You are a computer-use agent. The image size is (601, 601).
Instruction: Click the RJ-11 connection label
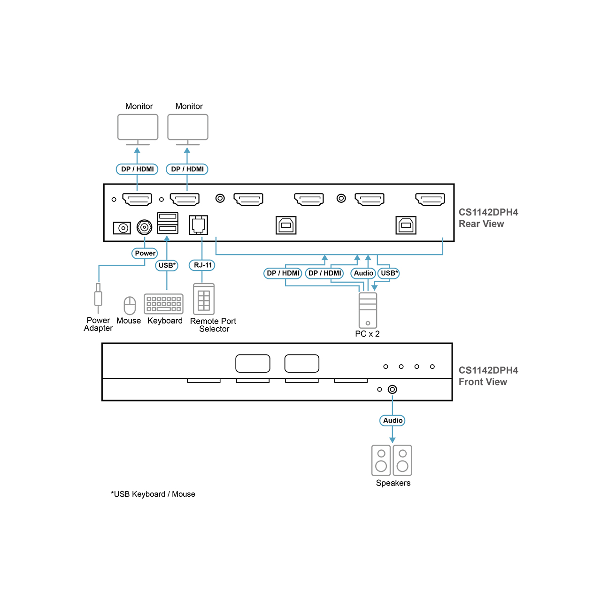pyautogui.click(x=202, y=265)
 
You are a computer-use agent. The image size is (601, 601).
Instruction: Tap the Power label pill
pyautogui.click(x=145, y=253)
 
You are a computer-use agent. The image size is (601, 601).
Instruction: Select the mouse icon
pyautogui.click(x=130, y=306)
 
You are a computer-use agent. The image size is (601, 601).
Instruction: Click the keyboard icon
pyautogui.click(x=163, y=304)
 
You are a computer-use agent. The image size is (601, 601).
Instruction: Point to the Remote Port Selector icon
pyautogui.click(x=204, y=299)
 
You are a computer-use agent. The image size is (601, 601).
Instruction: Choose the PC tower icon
pyautogui.click(x=368, y=310)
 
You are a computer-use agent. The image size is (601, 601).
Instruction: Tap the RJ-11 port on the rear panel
pyautogui.click(x=198, y=225)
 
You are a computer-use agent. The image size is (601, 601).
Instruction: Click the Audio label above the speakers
pyautogui.click(x=393, y=420)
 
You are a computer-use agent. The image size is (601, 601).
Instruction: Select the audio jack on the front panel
pyautogui.click(x=393, y=389)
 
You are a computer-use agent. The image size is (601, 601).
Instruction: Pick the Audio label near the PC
pyautogui.click(x=363, y=273)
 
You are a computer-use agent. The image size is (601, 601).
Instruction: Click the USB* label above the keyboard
pyautogui.click(x=167, y=265)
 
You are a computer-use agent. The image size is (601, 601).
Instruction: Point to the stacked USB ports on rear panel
pyautogui.click(x=168, y=223)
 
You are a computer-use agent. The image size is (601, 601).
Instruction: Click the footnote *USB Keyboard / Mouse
pyautogui.click(x=153, y=494)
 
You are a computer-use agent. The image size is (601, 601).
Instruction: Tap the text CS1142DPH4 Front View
pyautogui.click(x=488, y=376)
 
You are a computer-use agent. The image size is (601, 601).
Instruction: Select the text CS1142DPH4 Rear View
pyautogui.click(x=488, y=218)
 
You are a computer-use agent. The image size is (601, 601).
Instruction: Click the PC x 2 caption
pyautogui.click(x=367, y=334)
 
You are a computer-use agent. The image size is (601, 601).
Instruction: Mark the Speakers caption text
pyautogui.click(x=393, y=483)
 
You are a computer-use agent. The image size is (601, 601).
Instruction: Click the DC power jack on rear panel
pyautogui.click(x=122, y=228)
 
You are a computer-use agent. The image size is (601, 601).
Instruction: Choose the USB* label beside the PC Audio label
pyautogui.click(x=389, y=273)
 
